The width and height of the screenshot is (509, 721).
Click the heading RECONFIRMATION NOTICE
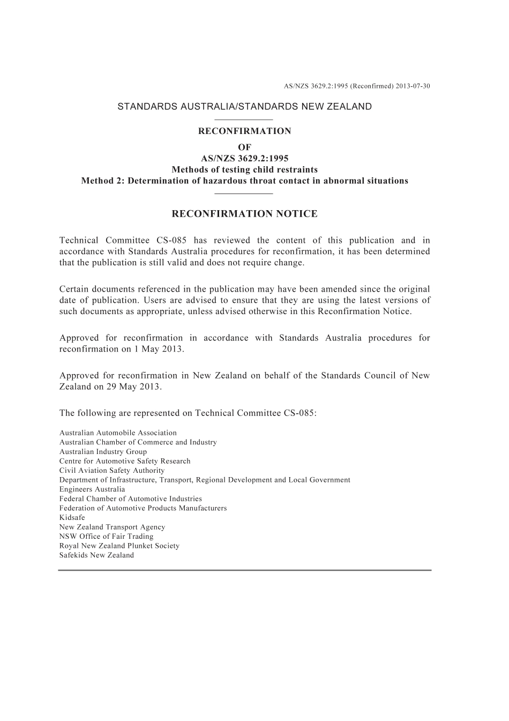[244, 214]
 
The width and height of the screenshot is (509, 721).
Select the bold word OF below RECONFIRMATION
[244, 147]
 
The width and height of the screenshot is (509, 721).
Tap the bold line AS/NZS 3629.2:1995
[244, 159]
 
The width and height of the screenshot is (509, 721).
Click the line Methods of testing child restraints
[244, 170]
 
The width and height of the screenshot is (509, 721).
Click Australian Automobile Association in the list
[118, 433]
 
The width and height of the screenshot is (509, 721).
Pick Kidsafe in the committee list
[72, 517]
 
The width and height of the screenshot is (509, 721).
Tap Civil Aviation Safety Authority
[112, 470]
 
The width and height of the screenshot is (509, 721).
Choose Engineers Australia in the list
[92, 489]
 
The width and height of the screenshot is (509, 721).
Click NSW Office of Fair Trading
[106, 536]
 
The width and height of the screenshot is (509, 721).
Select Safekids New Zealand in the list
[96, 555]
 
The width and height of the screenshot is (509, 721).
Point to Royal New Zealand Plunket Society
[119, 546]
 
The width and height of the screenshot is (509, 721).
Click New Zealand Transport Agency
[112, 527]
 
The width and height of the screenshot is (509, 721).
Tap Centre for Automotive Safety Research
[125, 461]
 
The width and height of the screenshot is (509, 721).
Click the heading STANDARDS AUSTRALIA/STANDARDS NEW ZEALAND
[244, 106]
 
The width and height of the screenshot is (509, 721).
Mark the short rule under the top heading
[244, 119]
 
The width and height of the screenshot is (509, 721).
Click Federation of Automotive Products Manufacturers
[143, 508]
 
